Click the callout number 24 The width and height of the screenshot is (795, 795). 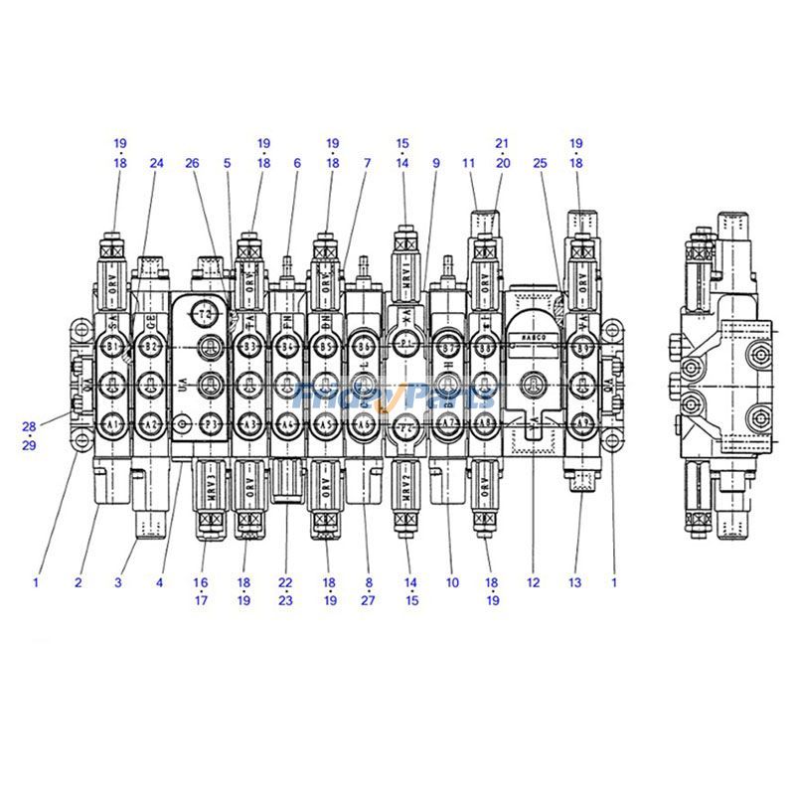point(156,162)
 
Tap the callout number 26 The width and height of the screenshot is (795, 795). point(193,162)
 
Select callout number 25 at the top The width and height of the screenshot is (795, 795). point(541,162)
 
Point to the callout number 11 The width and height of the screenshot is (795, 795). point(469,162)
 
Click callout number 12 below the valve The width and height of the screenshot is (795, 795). point(533,583)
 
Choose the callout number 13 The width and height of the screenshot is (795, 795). point(574,583)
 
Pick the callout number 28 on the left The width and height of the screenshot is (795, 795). point(30,426)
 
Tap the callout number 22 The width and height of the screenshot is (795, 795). point(286,583)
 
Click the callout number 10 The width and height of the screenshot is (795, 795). point(453,583)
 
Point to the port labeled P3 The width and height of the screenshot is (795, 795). point(209,423)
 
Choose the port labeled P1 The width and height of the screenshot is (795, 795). point(405,343)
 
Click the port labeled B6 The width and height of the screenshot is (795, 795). point(364,346)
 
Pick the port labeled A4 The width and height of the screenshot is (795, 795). point(287,423)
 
